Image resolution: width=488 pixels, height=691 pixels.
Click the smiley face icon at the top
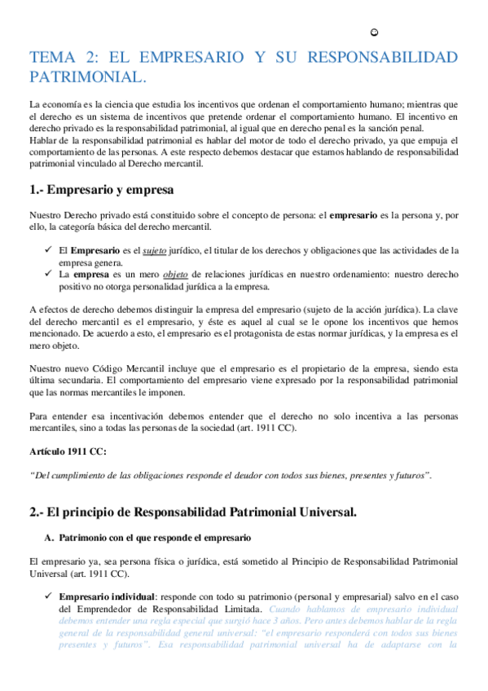pyautogui.click(x=374, y=32)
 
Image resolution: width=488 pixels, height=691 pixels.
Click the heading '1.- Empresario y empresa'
pyautogui.click(x=101, y=190)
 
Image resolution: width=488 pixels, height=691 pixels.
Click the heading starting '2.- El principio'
pyautogui.click(x=192, y=513)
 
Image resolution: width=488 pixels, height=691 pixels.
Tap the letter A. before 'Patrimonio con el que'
pyautogui.click(x=49, y=539)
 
